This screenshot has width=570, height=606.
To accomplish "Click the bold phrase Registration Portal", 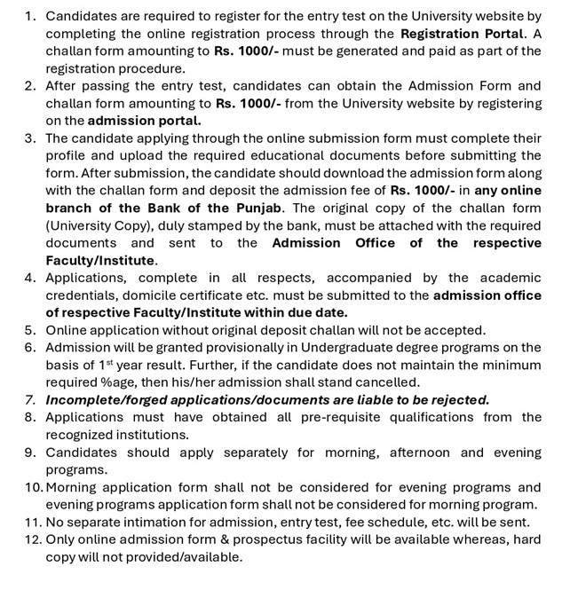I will pyautogui.click(x=460, y=34).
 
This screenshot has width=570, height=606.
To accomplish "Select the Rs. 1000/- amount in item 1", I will pyautogui.click(x=246, y=51).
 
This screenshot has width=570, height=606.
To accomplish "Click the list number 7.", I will pyautogui.click(x=30, y=400).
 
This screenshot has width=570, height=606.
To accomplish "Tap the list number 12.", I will pyautogui.click(x=32, y=539).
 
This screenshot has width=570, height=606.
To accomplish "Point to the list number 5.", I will pyautogui.click(x=30, y=330).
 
